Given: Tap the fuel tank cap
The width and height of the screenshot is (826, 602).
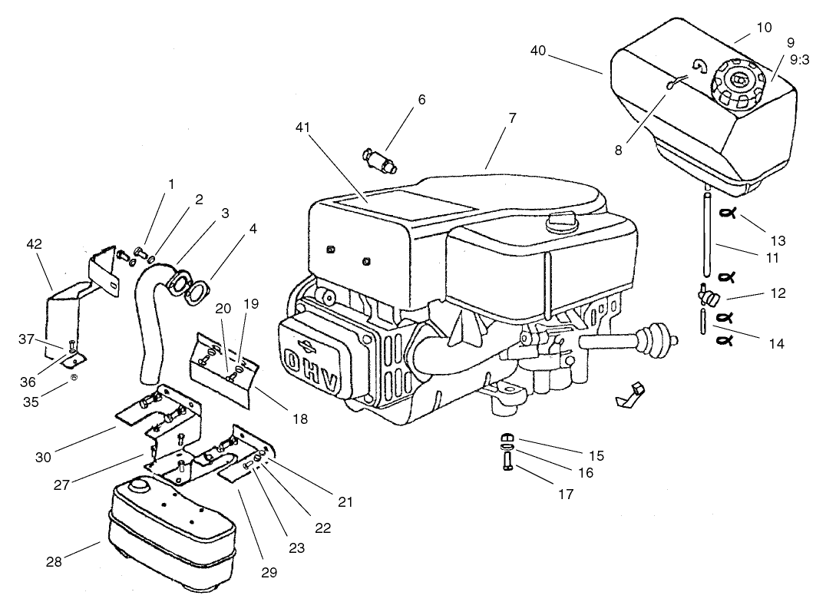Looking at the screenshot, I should pyautogui.click(x=739, y=82).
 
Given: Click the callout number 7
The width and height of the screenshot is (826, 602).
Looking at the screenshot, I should pyautogui.click(x=512, y=118).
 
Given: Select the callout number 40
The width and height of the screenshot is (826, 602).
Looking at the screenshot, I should pyautogui.click(x=538, y=50).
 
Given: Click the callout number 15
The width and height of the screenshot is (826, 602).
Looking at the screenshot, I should pyautogui.click(x=595, y=455).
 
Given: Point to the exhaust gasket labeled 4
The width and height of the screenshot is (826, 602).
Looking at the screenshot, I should pyautogui.click(x=197, y=293).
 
